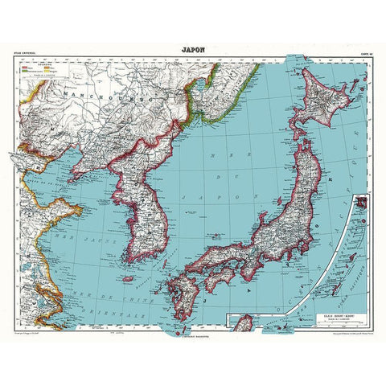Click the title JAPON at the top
click(x=193, y=47)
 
